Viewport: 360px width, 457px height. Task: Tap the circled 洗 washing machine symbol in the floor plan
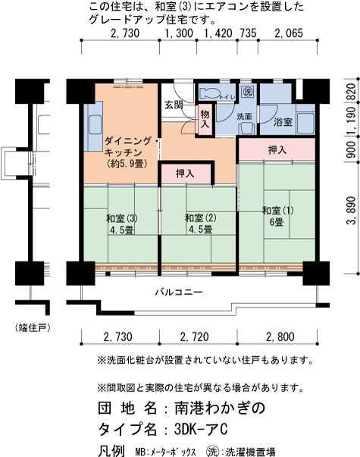(x=248, y=92)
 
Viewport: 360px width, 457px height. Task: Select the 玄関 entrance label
(x=174, y=105)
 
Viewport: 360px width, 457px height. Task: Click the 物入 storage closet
(x=205, y=119)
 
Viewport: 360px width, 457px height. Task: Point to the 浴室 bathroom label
(x=283, y=121)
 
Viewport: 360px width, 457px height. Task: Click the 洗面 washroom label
(x=244, y=116)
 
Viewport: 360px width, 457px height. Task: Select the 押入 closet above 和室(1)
(x=277, y=149)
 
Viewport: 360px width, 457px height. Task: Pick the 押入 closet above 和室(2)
(x=186, y=174)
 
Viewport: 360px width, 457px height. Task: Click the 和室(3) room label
(x=122, y=218)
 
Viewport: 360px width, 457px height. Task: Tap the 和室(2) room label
(x=201, y=218)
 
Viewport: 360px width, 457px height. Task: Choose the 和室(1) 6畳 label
(x=278, y=216)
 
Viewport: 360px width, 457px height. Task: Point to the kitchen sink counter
(x=93, y=126)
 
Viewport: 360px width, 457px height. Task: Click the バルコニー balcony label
(x=179, y=292)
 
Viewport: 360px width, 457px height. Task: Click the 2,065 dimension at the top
(x=289, y=33)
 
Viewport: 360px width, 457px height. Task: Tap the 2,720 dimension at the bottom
(x=195, y=337)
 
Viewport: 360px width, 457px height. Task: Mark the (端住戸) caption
(x=33, y=328)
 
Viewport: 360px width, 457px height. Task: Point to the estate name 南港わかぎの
(x=220, y=408)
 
